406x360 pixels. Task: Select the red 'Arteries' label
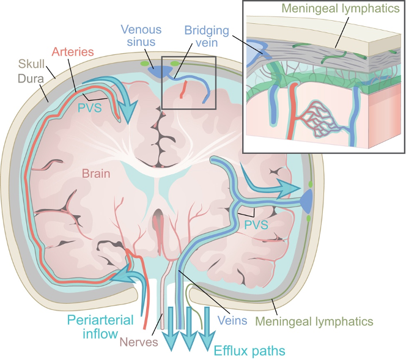[73, 51]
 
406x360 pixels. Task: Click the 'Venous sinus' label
[141, 35]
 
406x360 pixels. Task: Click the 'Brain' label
[95, 174]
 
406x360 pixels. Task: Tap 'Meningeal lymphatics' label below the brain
[314, 320]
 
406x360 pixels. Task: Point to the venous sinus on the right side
[306, 198]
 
